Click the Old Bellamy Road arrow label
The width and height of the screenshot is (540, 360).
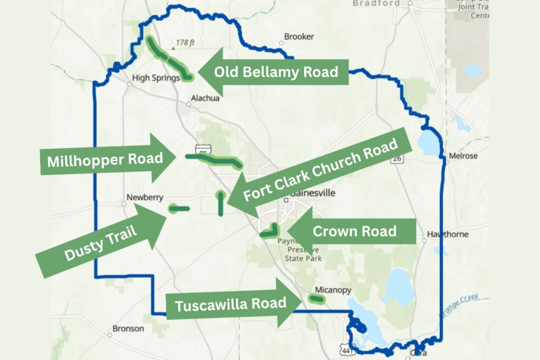click(276, 72)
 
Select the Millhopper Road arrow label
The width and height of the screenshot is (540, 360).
click(104, 159)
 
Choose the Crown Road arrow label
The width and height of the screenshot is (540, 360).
click(354, 231)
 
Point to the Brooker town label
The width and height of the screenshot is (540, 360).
click(299, 37)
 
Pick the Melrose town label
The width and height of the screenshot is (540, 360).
click(462, 156)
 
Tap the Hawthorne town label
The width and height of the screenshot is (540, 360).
click(448, 234)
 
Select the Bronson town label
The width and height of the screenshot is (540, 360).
click(128, 328)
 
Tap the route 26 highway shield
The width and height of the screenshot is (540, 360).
click(396, 158)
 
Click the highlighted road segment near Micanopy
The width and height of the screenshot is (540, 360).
click(316, 299)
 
